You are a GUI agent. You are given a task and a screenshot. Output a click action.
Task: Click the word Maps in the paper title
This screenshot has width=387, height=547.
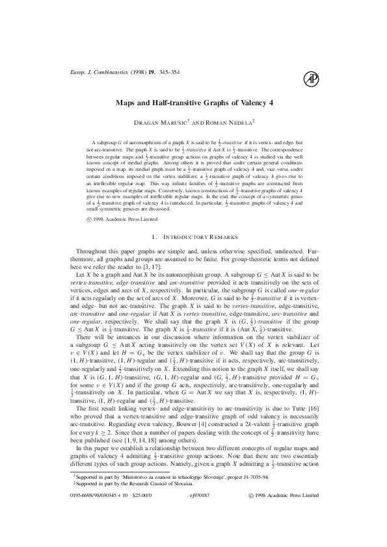tap(127, 102)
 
